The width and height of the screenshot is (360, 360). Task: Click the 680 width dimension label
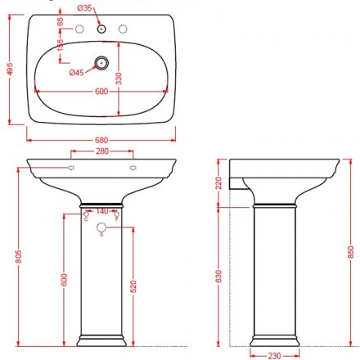(x=101, y=140)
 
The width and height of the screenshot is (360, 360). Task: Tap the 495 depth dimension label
(x=10, y=70)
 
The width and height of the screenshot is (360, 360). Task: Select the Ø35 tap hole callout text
(x=84, y=8)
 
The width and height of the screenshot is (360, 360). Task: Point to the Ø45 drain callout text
(x=76, y=73)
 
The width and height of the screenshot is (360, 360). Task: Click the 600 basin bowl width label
(x=101, y=91)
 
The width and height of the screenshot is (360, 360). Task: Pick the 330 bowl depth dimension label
(x=119, y=79)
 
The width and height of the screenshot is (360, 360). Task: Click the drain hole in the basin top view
(x=101, y=63)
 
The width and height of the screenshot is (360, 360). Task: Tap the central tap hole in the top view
(x=101, y=29)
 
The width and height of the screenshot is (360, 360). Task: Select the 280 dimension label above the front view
(x=102, y=151)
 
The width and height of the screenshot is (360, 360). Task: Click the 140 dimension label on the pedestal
(x=101, y=211)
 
